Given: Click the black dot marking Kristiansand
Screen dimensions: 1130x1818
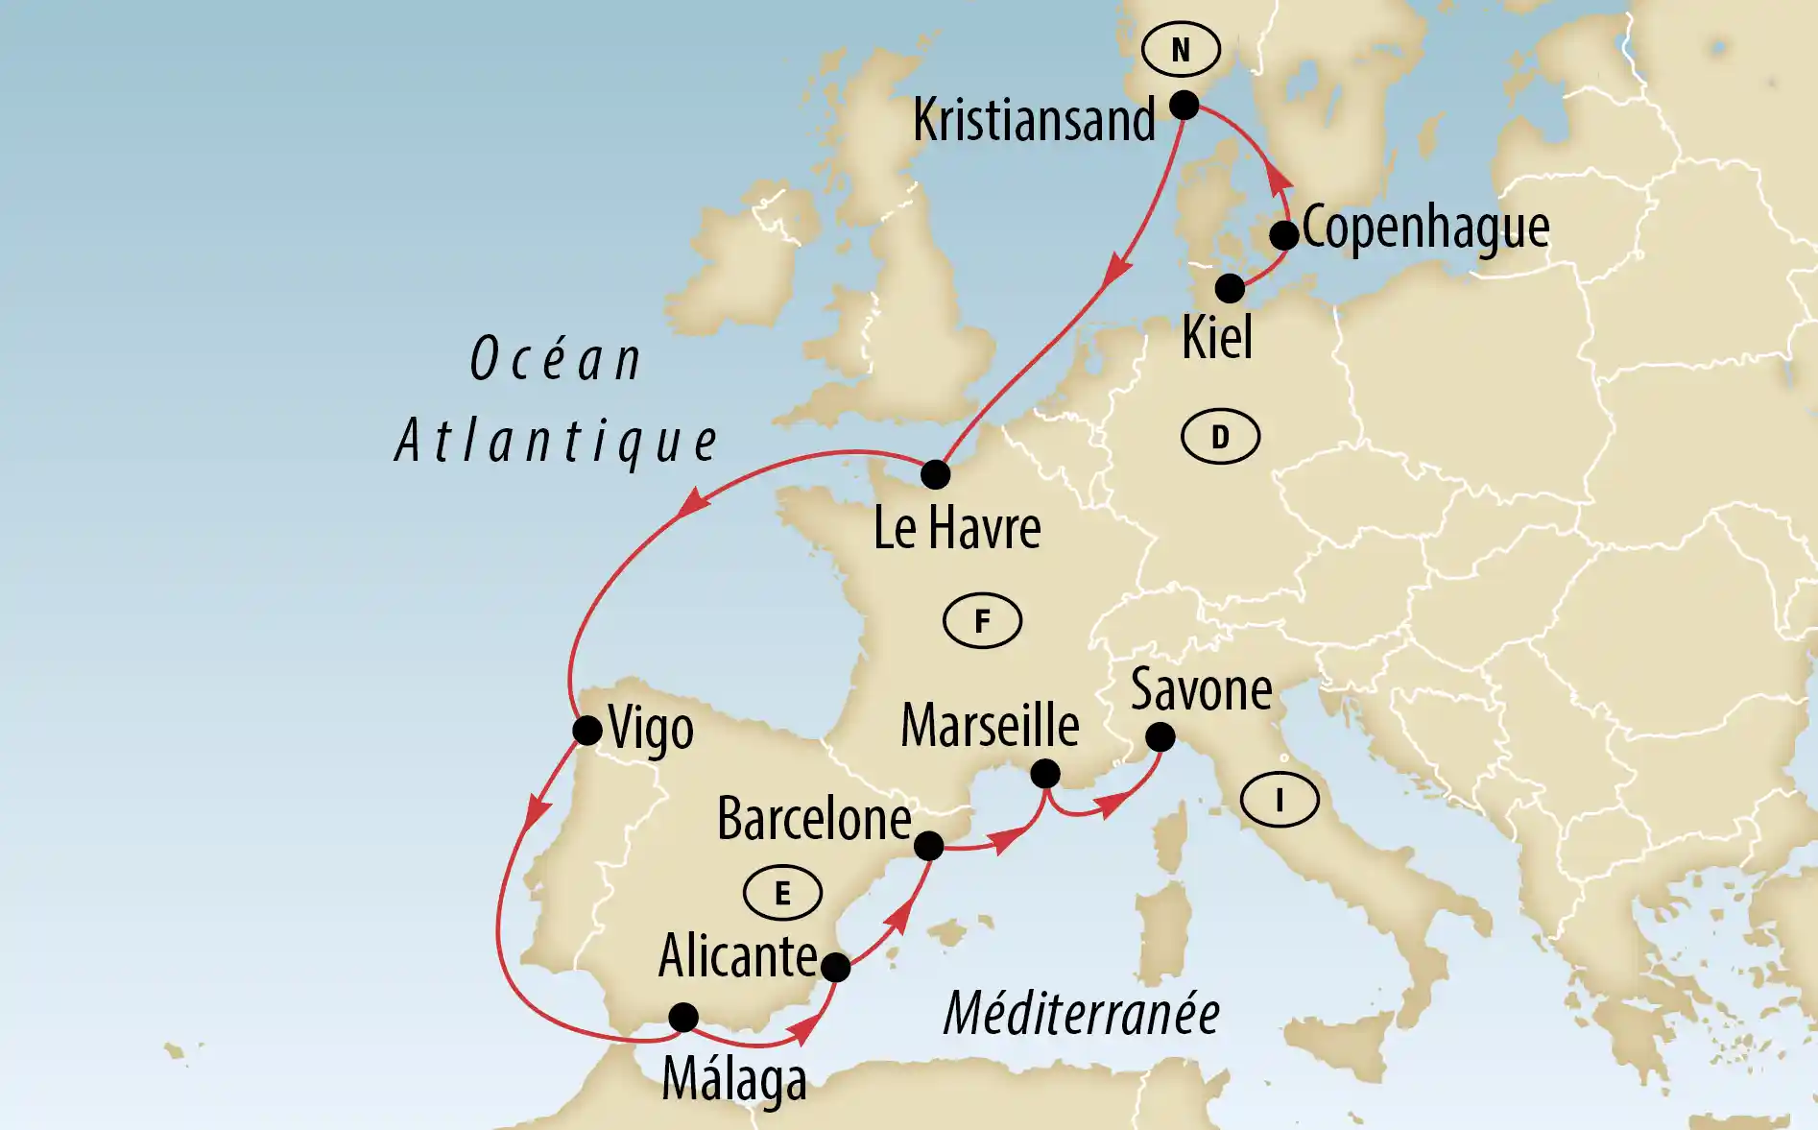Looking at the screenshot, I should click(x=1184, y=105).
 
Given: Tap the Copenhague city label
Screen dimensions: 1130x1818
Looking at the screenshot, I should click(x=1425, y=228).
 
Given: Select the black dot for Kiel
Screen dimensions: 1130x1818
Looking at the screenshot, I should click(x=1230, y=288).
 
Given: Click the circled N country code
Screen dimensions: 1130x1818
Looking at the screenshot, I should click(x=1181, y=49).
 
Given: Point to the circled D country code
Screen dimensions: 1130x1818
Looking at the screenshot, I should click(x=1220, y=437).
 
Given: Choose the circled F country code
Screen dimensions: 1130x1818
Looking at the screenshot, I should click(x=982, y=621).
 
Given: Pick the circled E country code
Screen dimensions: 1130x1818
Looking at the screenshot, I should click(x=782, y=893).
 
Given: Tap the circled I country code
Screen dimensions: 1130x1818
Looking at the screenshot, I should click(x=1280, y=799).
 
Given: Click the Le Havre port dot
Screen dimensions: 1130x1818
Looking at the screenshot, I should click(x=935, y=473).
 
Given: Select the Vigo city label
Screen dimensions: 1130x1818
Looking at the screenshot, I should click(x=651, y=730).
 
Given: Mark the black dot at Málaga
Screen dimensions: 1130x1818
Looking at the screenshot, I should click(x=683, y=1017).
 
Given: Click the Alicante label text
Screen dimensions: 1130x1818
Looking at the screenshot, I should click(x=737, y=956).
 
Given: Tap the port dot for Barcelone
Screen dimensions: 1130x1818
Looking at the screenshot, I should click(x=928, y=845).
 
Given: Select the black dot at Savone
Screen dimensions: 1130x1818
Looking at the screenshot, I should click(x=1160, y=736).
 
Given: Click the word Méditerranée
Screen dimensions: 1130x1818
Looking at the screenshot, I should click(x=1081, y=1014).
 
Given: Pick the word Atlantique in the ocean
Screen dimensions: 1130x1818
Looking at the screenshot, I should click(x=557, y=442).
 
